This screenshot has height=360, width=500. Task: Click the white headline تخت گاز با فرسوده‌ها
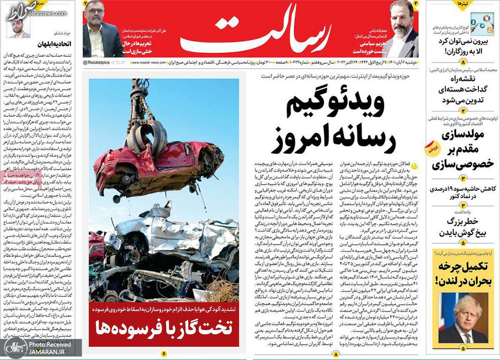[x=164, y=328]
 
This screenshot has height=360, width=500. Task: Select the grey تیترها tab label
[x=462, y=4]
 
